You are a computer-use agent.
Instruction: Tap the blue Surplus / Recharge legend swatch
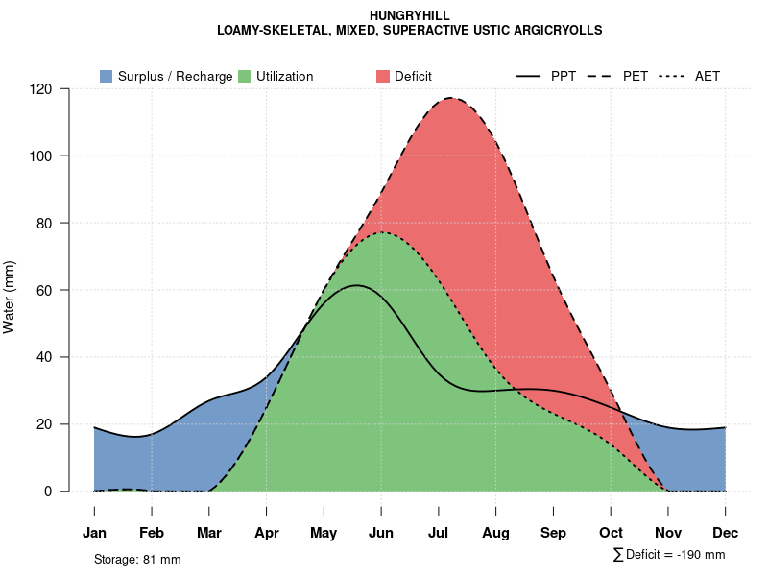106,76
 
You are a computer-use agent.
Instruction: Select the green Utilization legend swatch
244,76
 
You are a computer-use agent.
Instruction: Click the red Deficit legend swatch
382,76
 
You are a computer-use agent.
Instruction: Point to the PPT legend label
564,76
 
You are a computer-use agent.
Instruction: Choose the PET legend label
636,76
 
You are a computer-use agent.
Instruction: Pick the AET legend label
708,76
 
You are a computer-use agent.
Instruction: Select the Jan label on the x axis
94,533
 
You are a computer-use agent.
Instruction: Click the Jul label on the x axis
439,533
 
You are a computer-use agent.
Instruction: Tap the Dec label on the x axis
725,533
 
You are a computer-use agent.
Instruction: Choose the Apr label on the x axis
267,533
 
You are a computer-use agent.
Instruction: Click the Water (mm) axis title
10,297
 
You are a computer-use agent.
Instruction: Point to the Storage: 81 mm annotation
137,559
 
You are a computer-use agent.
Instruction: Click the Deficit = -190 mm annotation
674,555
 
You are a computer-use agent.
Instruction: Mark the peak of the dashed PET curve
449,98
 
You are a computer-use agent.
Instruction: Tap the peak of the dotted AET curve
382,232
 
